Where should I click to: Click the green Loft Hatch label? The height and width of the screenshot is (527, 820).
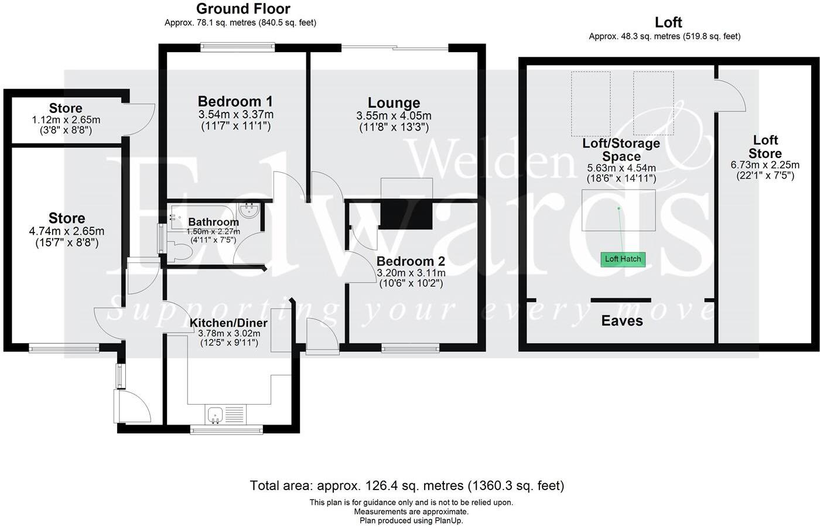coord(623,259)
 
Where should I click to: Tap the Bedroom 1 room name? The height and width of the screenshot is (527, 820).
coord(235,101)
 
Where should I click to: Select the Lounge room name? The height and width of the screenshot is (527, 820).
coord(394,104)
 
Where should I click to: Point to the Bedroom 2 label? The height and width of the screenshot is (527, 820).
coord(411,261)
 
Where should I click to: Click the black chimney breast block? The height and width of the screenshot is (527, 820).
coord(406,215)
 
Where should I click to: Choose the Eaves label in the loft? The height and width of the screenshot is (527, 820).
coord(622,321)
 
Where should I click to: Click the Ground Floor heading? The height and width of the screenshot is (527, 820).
coord(243,9)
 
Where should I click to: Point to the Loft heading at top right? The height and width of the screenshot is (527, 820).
coord(668,22)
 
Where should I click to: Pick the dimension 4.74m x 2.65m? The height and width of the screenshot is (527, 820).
coord(66,231)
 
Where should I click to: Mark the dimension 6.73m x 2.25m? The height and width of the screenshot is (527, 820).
coord(765,165)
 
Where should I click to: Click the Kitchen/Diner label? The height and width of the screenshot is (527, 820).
coord(228,323)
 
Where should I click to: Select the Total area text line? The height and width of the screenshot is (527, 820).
coord(406,485)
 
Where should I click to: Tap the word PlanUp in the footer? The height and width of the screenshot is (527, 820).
coord(447,520)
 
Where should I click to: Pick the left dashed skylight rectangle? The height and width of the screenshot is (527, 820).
coord(590,103)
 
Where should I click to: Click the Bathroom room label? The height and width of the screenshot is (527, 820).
coord(213,222)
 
